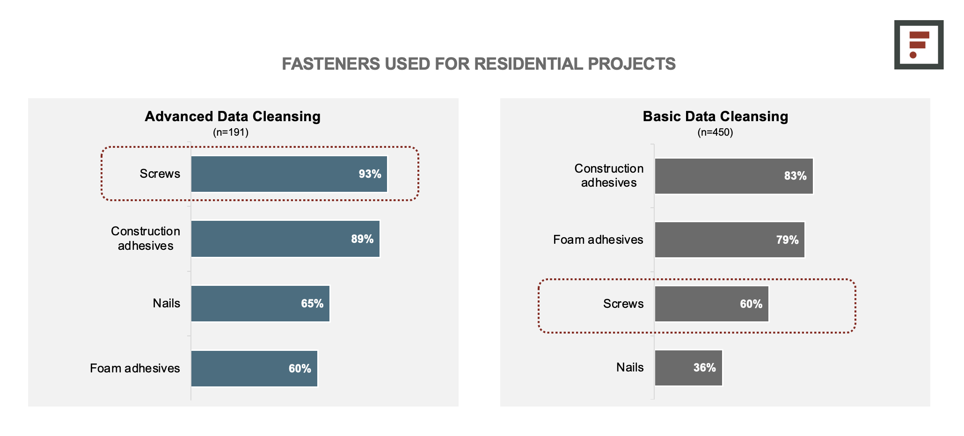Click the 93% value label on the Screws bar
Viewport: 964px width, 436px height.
pyautogui.click(x=370, y=174)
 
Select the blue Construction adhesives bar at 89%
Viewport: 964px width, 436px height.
pyautogui.click(x=285, y=239)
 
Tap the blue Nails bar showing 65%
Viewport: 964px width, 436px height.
pyautogui.click(x=261, y=304)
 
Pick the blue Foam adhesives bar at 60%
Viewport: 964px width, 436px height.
pyautogui.click(x=255, y=369)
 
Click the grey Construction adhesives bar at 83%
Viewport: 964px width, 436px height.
pyautogui.click(x=734, y=176)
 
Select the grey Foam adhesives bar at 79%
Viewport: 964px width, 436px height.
pyautogui.click(x=730, y=240)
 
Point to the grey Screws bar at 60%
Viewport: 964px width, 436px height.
pyautogui.click(x=712, y=304)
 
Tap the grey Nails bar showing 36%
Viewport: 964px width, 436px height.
pyautogui.click(x=688, y=368)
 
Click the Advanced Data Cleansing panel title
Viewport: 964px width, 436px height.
pyautogui.click(x=233, y=116)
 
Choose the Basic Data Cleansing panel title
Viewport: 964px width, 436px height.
pyautogui.click(x=715, y=116)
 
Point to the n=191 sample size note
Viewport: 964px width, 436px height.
pyautogui.click(x=231, y=132)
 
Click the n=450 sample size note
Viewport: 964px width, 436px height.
pyautogui.click(x=715, y=132)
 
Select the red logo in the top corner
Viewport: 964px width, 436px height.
pyautogui.click(x=919, y=44)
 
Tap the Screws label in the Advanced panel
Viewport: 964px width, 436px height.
pyautogui.click(x=160, y=174)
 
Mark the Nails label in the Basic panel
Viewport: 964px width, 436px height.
pyautogui.click(x=630, y=367)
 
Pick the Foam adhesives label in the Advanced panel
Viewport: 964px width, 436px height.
pyautogui.click(x=135, y=368)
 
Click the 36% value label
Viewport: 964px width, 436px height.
pyautogui.click(x=704, y=368)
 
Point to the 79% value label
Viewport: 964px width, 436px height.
pyautogui.click(x=787, y=240)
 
